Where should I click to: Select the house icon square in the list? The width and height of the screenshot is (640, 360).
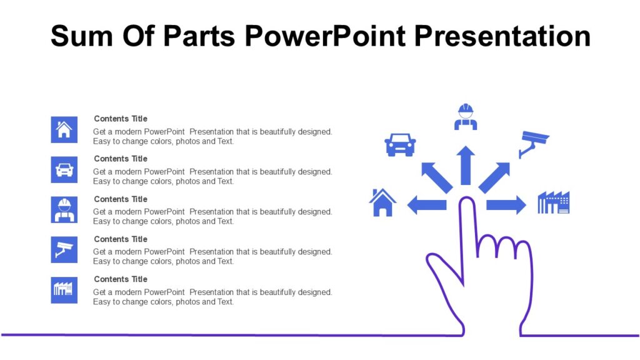point(64,129)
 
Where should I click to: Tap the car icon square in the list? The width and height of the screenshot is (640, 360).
point(64,169)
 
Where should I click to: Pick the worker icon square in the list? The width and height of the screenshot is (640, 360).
point(64,209)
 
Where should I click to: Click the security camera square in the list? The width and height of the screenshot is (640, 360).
point(64,249)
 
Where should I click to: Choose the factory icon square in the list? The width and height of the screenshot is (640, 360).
point(64,290)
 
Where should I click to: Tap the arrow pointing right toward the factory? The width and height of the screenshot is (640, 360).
point(506,204)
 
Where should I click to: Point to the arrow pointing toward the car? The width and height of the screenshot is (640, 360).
point(436,177)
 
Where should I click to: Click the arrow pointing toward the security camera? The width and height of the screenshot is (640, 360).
point(494,177)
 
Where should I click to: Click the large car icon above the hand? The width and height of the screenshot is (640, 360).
point(400,144)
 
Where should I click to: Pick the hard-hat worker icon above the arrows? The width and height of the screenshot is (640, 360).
point(465,117)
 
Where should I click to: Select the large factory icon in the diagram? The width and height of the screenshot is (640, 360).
point(554,202)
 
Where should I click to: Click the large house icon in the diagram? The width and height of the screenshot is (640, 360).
point(382,202)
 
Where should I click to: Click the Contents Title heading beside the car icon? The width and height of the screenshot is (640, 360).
point(121,159)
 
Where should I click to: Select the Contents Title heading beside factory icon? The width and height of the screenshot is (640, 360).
point(121,279)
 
